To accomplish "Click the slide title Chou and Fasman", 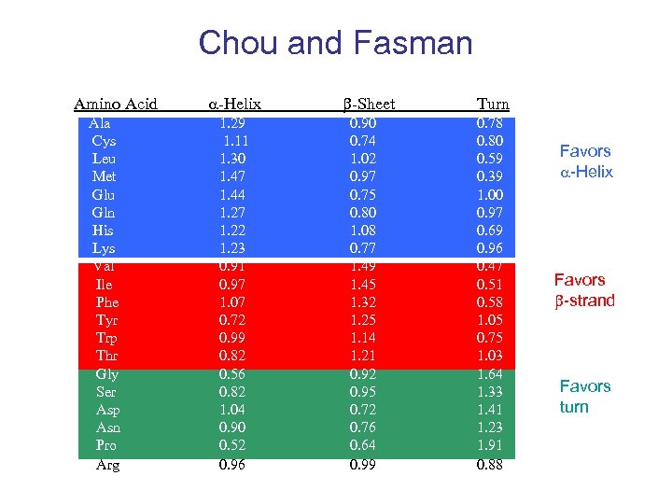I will click(335, 43).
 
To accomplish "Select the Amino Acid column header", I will click(116, 104).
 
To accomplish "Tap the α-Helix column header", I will click(233, 104).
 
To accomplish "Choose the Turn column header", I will click(493, 104).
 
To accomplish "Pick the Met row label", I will click(105, 176).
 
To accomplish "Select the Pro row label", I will click(107, 446).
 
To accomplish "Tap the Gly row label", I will click(107, 374).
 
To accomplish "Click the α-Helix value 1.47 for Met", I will click(233, 176).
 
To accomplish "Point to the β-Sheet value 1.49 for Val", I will click(363, 266).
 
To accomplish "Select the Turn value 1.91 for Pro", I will click(490, 446).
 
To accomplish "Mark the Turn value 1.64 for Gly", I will click(490, 374).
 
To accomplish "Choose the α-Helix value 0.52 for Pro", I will click(233, 446).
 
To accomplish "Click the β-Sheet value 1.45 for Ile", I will click(363, 285).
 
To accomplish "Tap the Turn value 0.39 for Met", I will click(490, 176).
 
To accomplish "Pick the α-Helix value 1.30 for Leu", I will click(233, 159).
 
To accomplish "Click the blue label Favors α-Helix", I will click(585, 161).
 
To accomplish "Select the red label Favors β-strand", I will click(584, 290).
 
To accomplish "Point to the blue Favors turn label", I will click(584, 397).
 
